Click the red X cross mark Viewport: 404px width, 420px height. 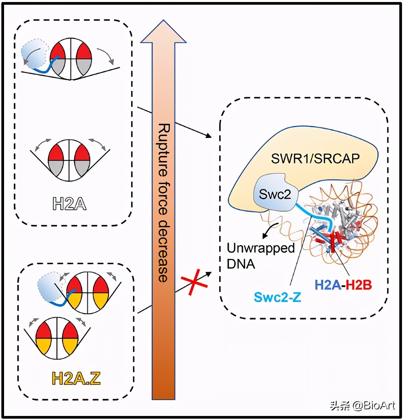point(194,281)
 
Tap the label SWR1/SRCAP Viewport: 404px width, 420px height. point(315,158)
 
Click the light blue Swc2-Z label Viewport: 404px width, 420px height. point(277,297)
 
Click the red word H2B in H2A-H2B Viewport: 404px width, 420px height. point(359,285)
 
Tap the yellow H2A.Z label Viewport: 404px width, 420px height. point(76,378)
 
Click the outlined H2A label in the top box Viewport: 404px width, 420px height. point(69,204)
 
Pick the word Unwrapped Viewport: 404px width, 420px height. point(261,248)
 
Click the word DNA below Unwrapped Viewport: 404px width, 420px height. point(241,264)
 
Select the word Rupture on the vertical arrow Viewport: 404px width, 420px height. point(164,150)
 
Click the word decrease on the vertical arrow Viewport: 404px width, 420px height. point(163,251)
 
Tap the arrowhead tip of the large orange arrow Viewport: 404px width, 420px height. point(163,22)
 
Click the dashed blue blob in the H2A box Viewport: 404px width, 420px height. point(33,54)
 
